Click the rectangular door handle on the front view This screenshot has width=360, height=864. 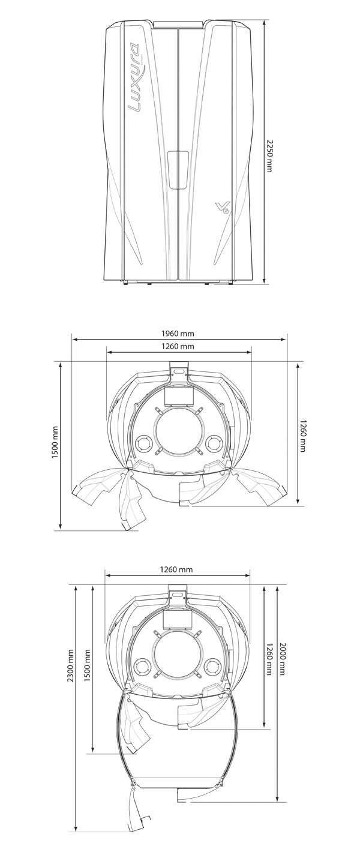click(178, 170)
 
